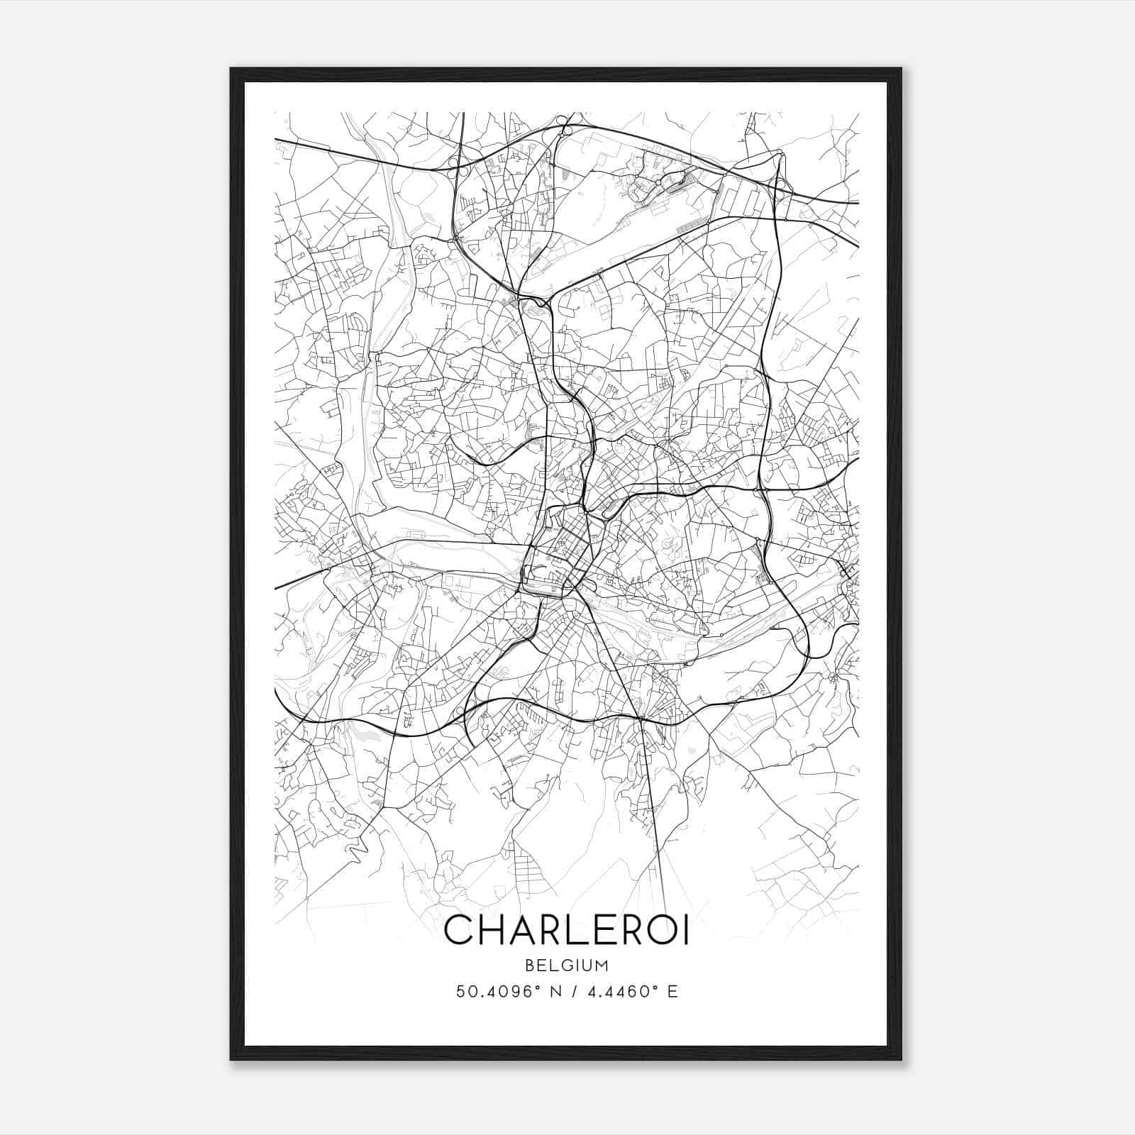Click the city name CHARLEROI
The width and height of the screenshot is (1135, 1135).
566,930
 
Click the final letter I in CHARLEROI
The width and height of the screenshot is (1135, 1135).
685,930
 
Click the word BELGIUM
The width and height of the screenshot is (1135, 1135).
566,965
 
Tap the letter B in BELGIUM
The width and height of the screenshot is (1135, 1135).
529,965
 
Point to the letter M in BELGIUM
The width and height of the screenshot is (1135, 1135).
602,965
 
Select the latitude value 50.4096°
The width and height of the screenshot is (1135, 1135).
502,991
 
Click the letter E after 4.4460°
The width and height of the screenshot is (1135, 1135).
673,991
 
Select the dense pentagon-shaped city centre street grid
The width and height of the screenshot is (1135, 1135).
560,546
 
